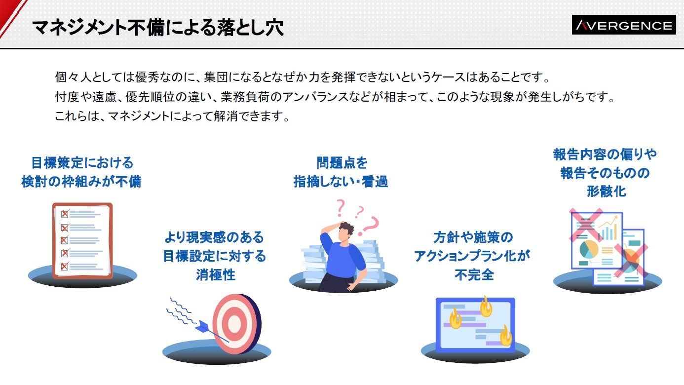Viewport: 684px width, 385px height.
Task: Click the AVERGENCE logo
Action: [623, 25]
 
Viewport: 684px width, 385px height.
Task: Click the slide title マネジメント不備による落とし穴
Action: [158, 28]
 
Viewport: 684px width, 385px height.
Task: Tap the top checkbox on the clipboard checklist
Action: [65, 214]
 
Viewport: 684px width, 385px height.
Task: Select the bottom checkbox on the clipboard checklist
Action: [65, 266]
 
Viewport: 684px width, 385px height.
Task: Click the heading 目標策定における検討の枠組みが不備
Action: [81, 172]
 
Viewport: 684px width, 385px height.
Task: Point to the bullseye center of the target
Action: [234, 323]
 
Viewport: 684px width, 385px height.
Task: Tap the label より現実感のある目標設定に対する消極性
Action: [214, 256]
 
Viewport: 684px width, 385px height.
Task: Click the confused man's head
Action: [345, 231]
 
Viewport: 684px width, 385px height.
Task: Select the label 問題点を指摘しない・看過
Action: [341, 172]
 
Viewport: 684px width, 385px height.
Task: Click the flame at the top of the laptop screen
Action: [486, 307]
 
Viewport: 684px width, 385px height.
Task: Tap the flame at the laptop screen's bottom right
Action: [506, 335]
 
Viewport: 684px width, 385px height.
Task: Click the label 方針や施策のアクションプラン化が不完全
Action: [472, 256]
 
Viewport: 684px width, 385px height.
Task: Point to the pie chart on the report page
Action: [589, 249]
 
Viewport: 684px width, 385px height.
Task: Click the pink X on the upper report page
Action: [586, 225]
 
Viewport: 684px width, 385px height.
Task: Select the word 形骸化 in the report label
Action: [607, 192]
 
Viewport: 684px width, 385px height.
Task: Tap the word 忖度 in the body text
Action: [67, 97]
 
